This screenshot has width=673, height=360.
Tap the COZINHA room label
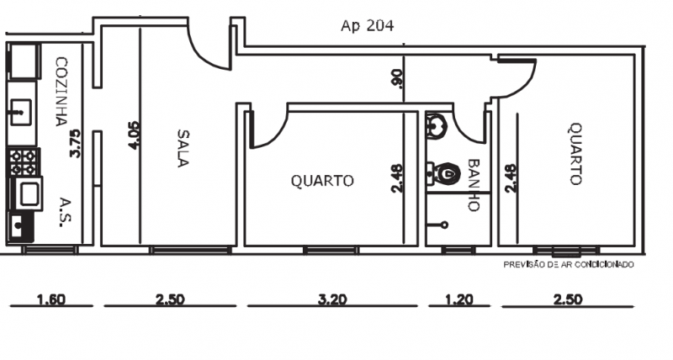pyautogui.click(x=61, y=91)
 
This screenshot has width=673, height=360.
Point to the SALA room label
pyautogui.click(x=183, y=148)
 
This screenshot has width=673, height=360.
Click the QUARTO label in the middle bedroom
pyautogui.click(x=322, y=180)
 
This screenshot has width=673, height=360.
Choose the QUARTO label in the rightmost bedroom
pyautogui.click(x=575, y=154)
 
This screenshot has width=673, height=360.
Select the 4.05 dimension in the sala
pyautogui.click(x=135, y=135)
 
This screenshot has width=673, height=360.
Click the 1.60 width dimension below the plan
pyautogui.click(x=51, y=299)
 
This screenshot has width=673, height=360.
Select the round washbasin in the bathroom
pyautogui.click(x=437, y=126)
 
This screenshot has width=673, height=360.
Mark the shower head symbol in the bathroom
pyautogui.click(x=443, y=225)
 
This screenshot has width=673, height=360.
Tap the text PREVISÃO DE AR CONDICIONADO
pyautogui.click(x=569, y=264)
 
